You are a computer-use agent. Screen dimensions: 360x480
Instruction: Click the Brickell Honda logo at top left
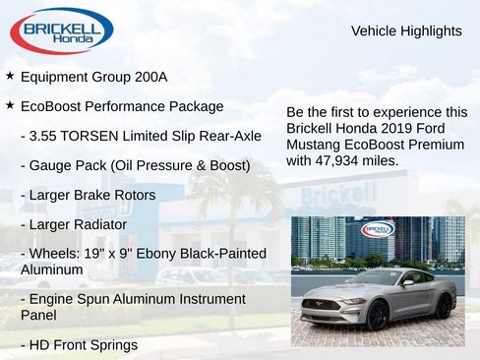pos(62,30)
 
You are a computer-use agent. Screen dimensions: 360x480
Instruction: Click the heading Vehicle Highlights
pos(406,31)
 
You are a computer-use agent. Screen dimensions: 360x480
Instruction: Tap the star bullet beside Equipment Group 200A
pos(10,76)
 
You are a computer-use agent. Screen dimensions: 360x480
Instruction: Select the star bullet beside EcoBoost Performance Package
pos(10,105)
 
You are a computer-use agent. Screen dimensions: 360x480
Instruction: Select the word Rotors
pos(133,195)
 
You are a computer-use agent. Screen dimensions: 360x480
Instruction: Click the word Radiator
pos(101,225)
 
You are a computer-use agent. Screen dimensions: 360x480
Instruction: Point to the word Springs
pos(111,345)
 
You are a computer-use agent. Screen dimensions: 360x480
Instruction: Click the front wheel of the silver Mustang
pos(377,315)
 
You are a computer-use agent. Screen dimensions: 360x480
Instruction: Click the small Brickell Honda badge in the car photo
pos(378,229)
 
